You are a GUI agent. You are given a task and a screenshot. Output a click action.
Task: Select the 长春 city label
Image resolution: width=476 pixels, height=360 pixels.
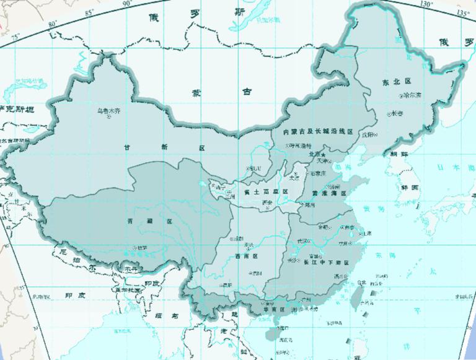(x=397, y=113)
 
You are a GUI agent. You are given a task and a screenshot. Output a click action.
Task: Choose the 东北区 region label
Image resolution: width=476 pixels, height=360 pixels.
(x=393, y=81)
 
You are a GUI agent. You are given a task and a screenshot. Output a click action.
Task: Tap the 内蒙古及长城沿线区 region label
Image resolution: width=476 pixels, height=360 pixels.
(x=317, y=132)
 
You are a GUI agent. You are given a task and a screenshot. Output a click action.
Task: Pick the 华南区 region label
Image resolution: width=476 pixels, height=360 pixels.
(x=273, y=309)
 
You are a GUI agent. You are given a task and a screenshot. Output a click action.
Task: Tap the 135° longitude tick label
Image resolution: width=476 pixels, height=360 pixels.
(x=462, y=13)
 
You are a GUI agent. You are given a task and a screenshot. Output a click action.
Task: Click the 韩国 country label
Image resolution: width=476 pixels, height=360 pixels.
(x=410, y=187)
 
